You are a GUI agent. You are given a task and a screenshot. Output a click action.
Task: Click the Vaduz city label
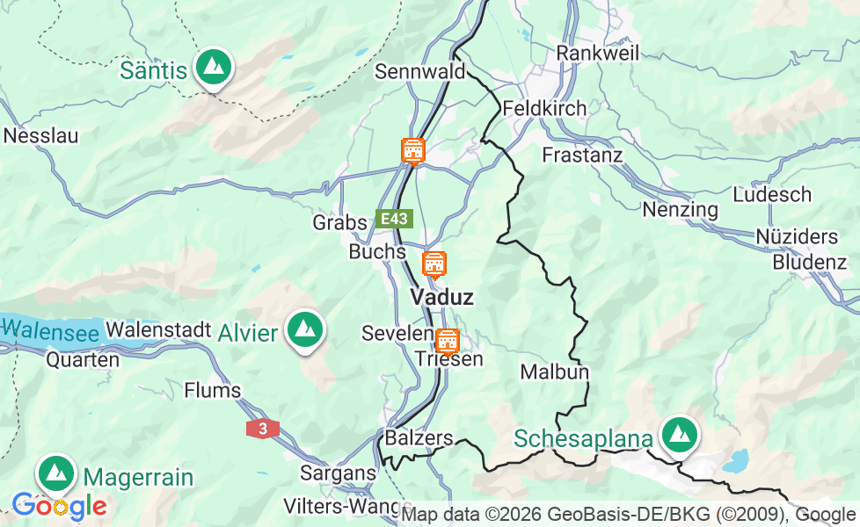[441, 297]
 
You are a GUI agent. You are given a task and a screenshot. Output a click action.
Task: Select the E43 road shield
[394, 219]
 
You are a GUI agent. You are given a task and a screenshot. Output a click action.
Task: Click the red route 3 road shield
[263, 429]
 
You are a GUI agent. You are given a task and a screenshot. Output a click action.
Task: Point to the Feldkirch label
[544, 109]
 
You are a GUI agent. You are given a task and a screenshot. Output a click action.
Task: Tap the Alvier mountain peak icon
[305, 330]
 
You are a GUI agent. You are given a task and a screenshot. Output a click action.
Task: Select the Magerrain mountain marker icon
[55, 474]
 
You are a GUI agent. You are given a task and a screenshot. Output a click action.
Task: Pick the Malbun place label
[554, 372]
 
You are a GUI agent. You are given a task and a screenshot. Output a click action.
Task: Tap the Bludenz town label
[809, 262]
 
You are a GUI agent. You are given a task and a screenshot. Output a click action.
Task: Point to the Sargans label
[338, 473]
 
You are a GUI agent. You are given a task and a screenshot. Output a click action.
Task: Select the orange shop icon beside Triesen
[448, 340]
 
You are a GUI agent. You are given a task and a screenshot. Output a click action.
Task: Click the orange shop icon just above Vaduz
[434, 263]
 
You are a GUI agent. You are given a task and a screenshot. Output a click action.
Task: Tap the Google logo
[59, 506]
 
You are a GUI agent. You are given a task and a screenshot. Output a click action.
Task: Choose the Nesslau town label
[41, 136]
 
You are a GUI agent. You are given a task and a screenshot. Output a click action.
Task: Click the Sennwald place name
[419, 71]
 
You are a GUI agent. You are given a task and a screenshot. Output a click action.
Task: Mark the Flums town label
[212, 390]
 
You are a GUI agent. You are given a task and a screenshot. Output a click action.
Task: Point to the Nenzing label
[680, 210]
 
